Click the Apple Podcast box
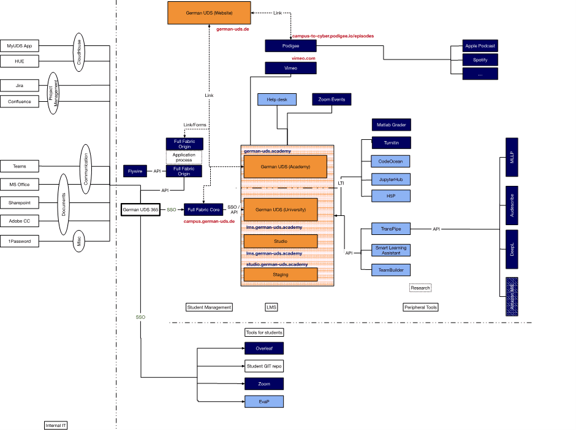480,46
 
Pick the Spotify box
480,60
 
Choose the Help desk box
277,99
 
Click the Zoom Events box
332,99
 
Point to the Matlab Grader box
391,125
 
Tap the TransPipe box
391,229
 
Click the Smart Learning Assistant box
391,250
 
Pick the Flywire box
135,172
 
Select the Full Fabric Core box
202,210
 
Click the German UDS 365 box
140,210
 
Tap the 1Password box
20,242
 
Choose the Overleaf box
264,349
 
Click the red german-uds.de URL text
233,29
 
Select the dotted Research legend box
420,288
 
